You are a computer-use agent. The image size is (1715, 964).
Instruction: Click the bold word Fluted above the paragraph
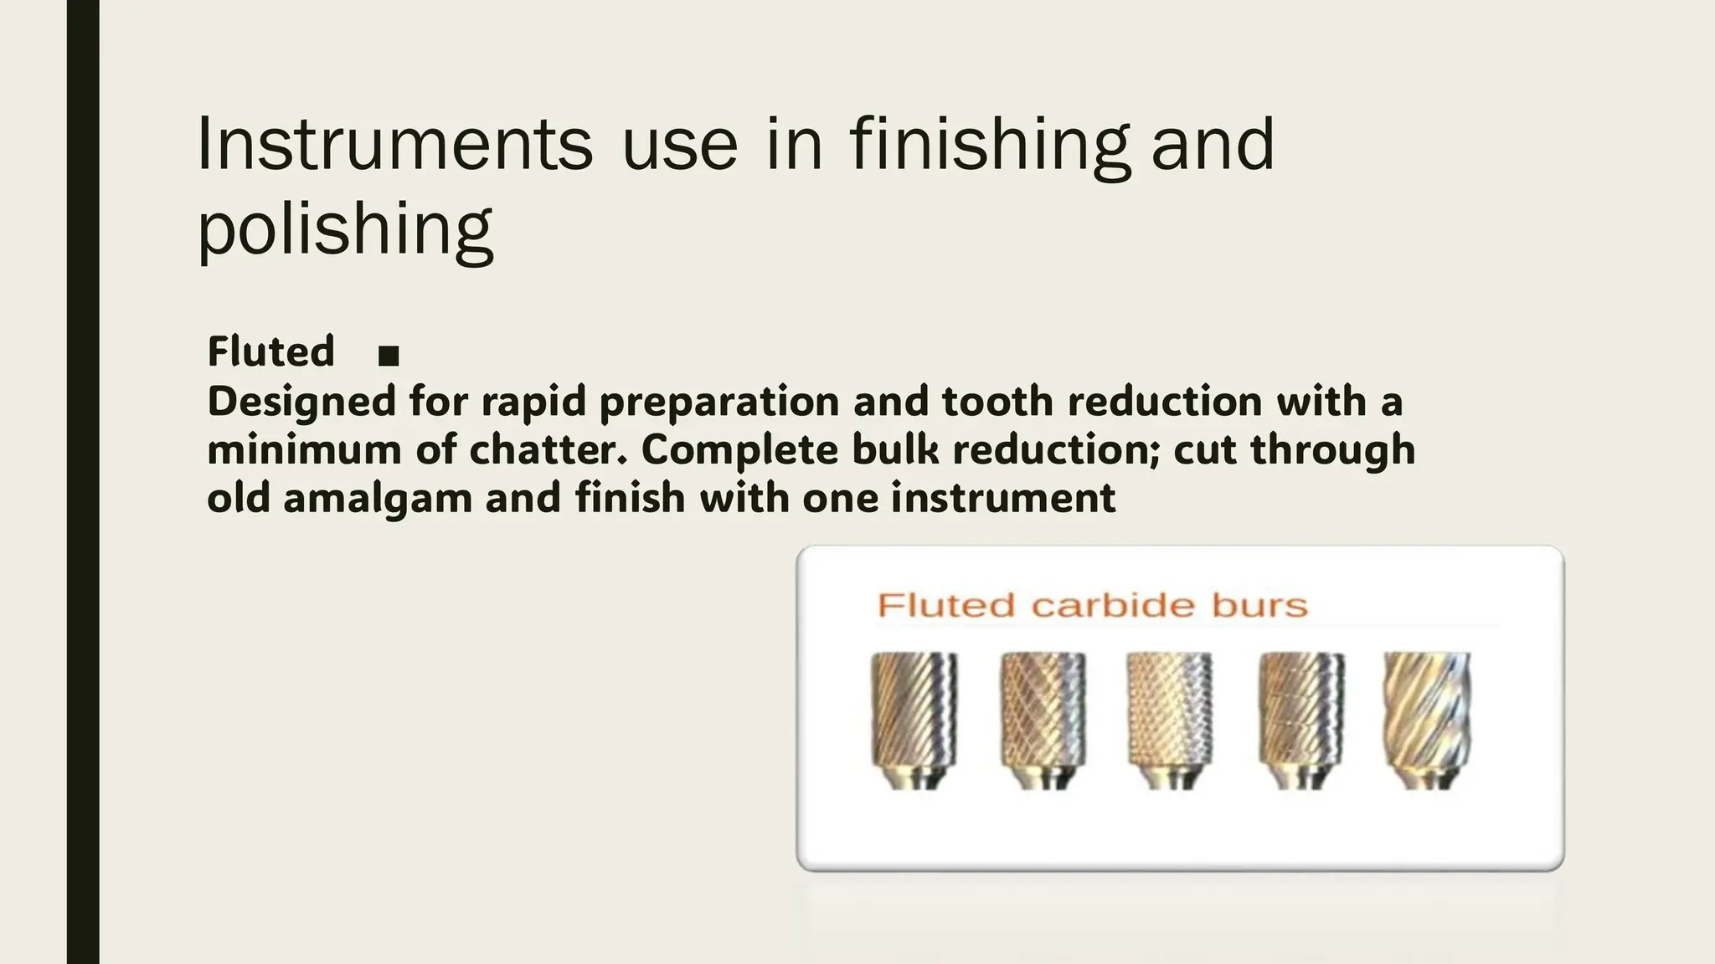pos(270,351)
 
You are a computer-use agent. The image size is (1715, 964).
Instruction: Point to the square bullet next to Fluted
pos(389,356)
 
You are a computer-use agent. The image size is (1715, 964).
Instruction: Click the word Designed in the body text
pos(301,402)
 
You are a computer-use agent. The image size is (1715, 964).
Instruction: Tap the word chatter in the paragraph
pos(547,450)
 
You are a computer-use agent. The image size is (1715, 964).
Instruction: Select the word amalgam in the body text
pos(378,499)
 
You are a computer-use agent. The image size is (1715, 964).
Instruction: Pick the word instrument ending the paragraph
pos(1002,499)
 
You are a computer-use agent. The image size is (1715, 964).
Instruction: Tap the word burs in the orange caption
pos(1259,605)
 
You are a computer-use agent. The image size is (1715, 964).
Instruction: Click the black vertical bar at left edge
pos(83,482)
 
